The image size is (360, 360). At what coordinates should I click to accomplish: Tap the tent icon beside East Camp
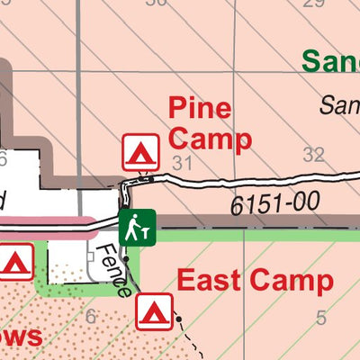pyautogui.click(x=154, y=311)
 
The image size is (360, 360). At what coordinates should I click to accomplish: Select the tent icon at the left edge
pyautogui.click(x=15, y=262)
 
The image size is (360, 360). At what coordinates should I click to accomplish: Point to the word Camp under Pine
pyautogui.click(x=210, y=139)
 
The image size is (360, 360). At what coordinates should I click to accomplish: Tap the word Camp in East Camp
pyautogui.click(x=291, y=282)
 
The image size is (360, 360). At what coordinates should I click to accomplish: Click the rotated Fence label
pyautogui.click(x=114, y=269)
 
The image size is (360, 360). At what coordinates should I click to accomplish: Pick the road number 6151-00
pyautogui.click(x=275, y=204)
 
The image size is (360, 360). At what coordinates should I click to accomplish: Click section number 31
pyautogui.click(x=184, y=163)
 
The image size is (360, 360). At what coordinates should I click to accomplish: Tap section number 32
pyautogui.click(x=313, y=154)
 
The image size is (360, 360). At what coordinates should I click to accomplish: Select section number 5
pyautogui.click(x=321, y=318)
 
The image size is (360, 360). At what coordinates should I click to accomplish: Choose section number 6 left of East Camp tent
pyautogui.click(x=89, y=316)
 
